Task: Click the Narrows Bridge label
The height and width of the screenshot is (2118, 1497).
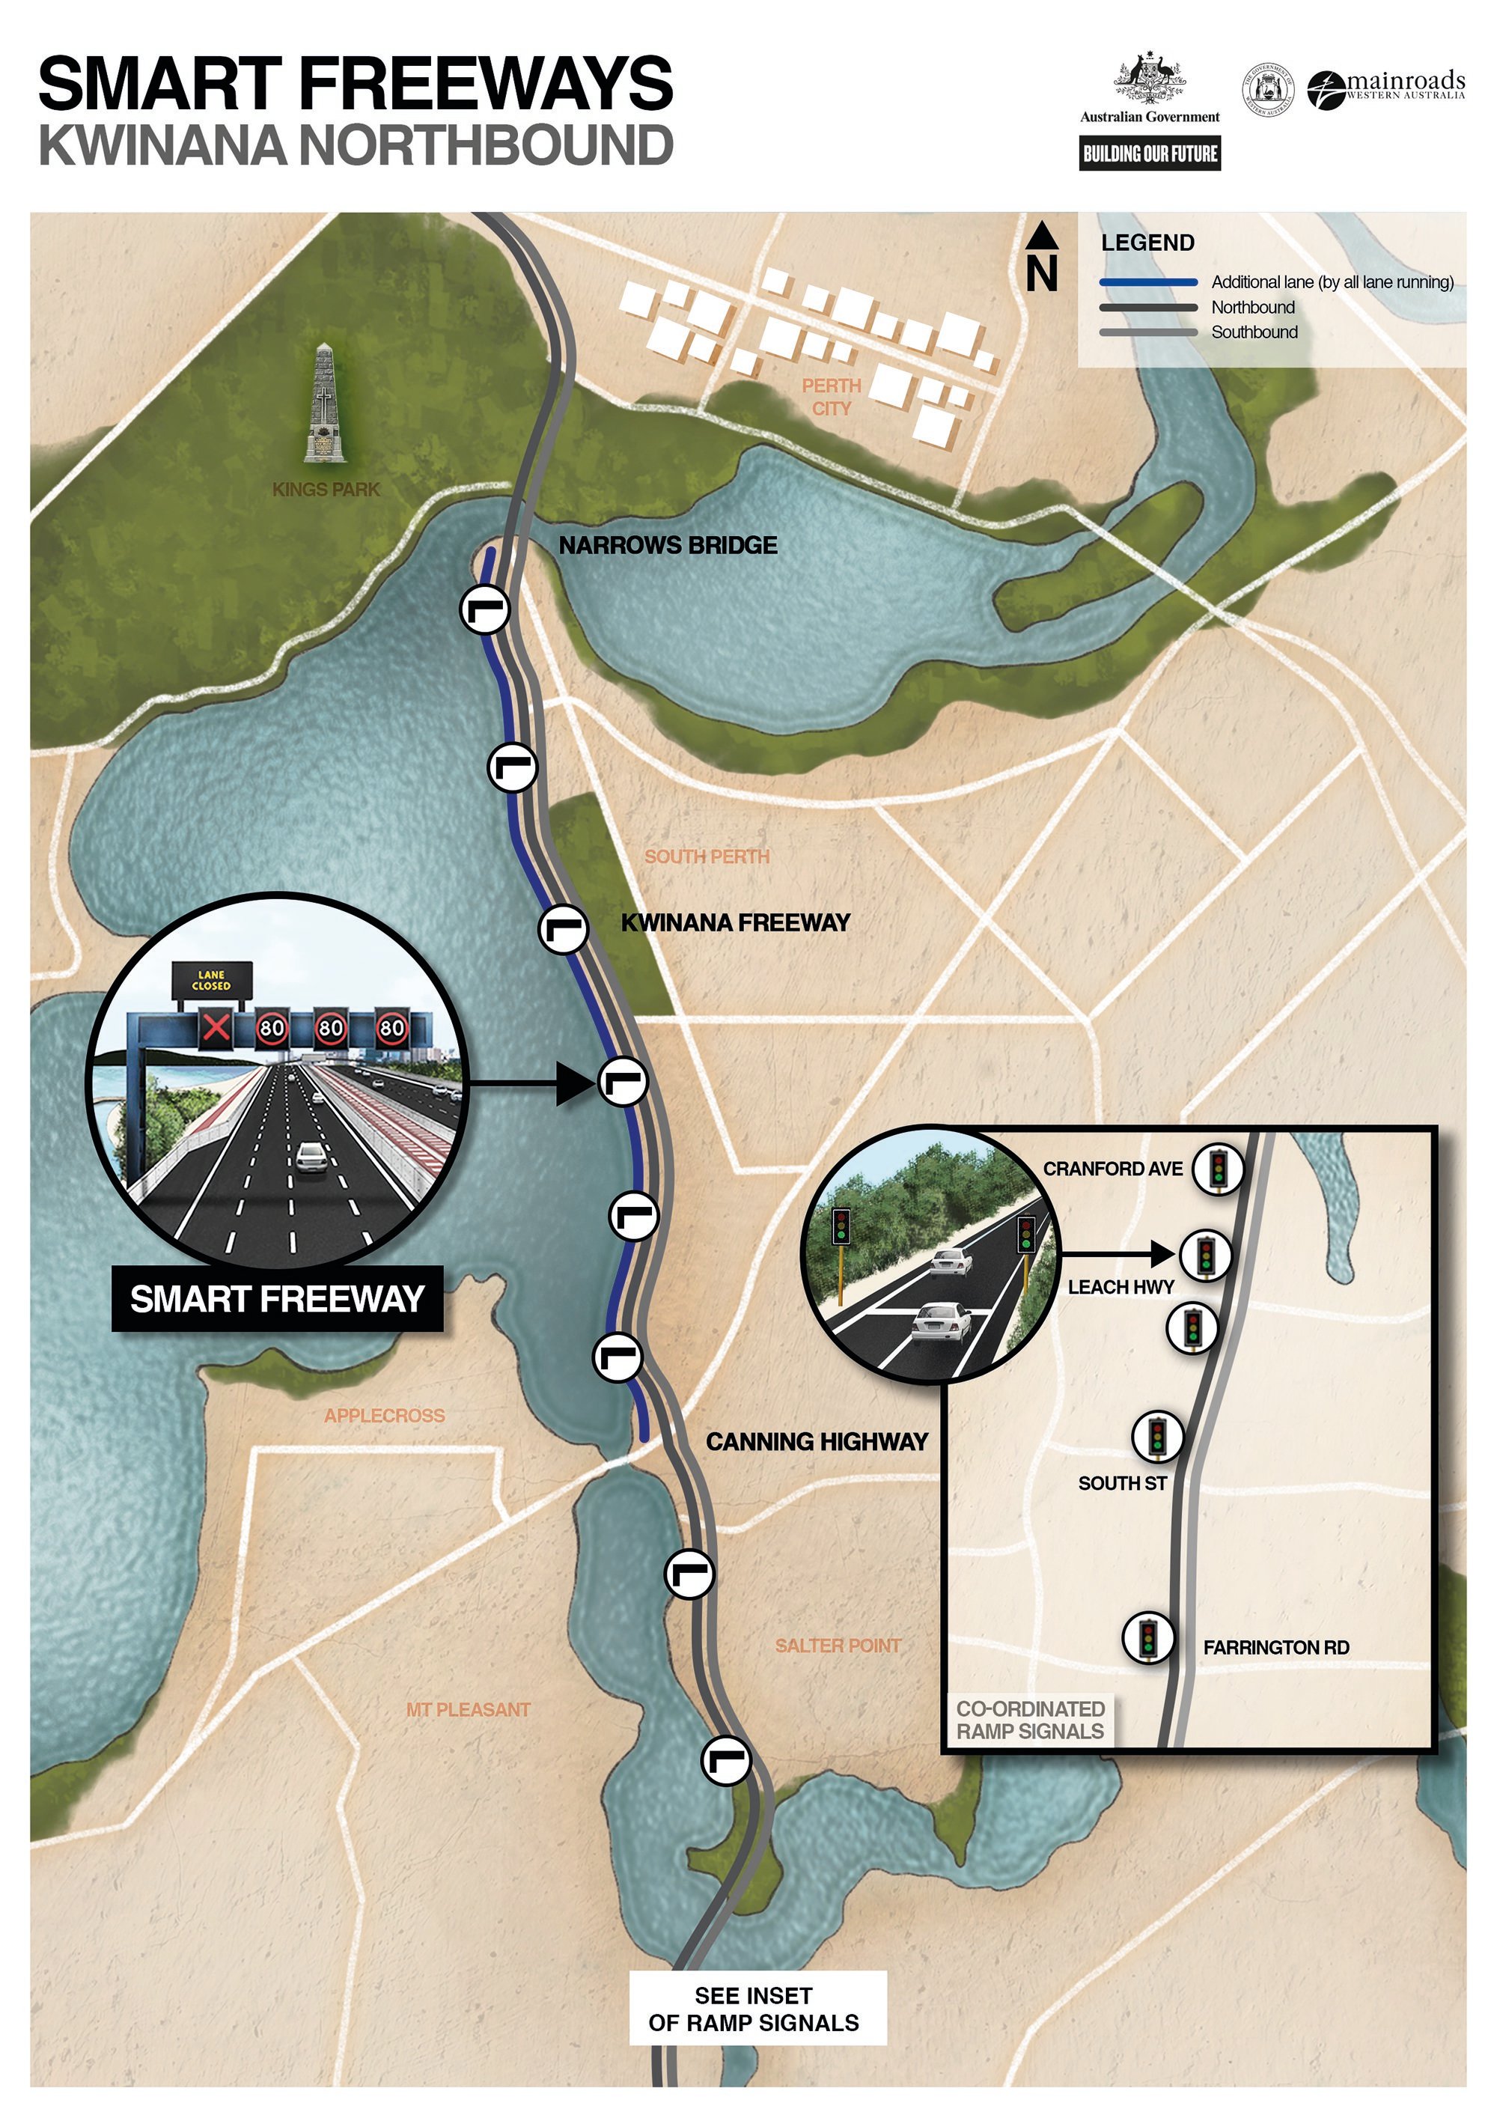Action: pos(668,545)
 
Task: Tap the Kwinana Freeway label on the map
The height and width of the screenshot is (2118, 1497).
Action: pos(735,922)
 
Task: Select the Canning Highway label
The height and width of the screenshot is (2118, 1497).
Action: pos(817,1442)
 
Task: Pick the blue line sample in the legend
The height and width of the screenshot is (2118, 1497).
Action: pos(1147,282)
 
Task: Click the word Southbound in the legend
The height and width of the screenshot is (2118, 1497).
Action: pos(1254,332)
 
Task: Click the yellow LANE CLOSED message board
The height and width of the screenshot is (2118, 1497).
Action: pos(211,981)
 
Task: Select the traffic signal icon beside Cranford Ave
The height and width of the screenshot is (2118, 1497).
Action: pos(1218,1168)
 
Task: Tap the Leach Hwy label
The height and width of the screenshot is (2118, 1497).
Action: pos(1121,1287)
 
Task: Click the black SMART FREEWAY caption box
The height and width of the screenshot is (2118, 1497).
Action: pos(277,1299)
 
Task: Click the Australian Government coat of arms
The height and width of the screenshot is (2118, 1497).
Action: pos(1149,79)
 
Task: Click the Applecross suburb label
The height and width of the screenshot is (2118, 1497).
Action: pos(384,1416)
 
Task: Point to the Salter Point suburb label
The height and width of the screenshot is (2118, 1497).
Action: pos(838,1646)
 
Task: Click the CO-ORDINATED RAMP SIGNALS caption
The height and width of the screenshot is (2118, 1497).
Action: pos(1029,1720)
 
